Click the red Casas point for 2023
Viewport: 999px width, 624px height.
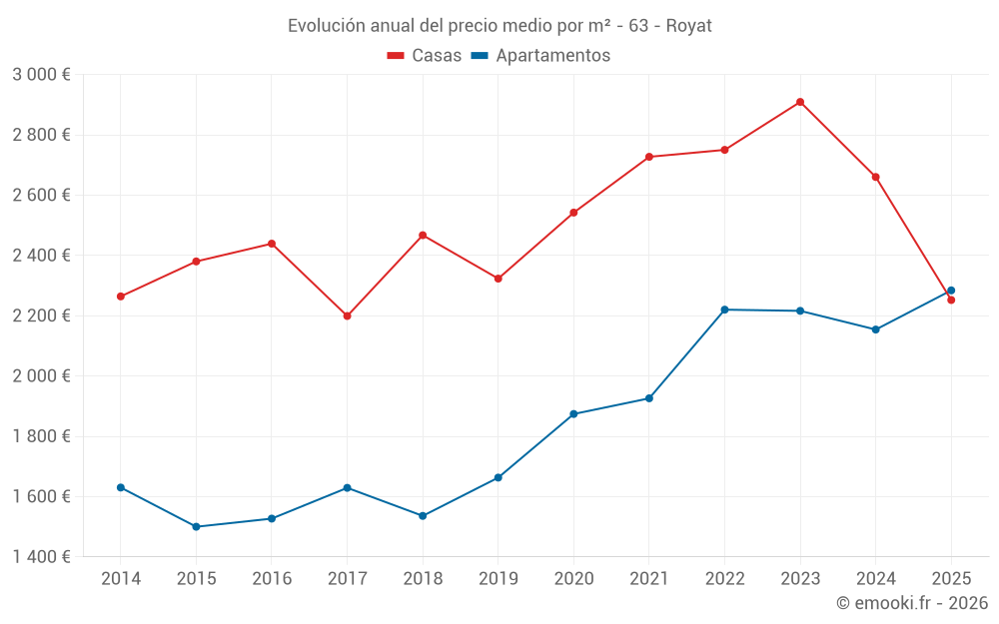click(800, 102)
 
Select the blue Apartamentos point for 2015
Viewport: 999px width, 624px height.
click(196, 526)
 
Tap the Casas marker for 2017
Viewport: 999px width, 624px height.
click(347, 315)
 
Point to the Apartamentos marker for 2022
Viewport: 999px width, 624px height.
click(724, 310)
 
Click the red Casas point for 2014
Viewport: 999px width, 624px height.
click(121, 297)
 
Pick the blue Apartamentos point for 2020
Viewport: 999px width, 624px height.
click(573, 413)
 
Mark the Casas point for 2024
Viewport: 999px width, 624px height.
click(876, 177)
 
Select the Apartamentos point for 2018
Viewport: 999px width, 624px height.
click(423, 516)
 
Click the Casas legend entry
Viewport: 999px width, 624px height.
click(425, 56)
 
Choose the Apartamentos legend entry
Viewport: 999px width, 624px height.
click(540, 56)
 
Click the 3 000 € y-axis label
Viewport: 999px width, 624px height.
click(41, 75)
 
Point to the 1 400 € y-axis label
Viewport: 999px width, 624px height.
click(41, 557)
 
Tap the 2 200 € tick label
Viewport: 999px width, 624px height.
click(41, 315)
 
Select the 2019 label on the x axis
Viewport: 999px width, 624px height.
click(498, 579)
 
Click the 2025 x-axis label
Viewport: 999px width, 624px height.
click(951, 579)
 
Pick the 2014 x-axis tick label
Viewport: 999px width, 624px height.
click(121, 579)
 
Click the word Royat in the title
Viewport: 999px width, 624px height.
click(688, 26)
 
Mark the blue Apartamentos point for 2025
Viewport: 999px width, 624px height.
click(951, 291)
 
